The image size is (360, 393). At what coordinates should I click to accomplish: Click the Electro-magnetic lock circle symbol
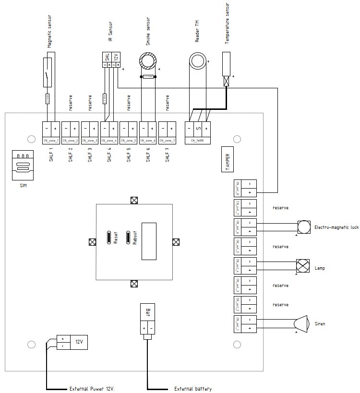coord(304,227)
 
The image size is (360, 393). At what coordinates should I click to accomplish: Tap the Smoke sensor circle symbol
coord(148,60)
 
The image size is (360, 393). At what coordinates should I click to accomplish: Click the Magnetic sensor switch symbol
coord(48,72)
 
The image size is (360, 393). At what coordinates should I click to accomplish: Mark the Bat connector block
coord(147,319)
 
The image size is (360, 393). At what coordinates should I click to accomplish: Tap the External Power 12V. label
coord(92,389)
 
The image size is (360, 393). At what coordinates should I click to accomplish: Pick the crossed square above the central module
coord(134,200)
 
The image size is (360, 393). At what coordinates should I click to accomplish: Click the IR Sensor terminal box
coord(111,60)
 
